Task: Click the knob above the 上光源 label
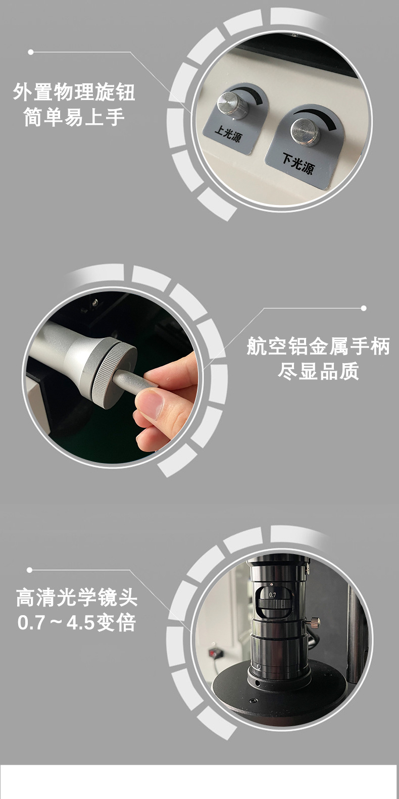(233, 105)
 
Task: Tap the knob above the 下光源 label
(305, 131)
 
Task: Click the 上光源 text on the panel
(228, 134)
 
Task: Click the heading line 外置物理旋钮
(74, 92)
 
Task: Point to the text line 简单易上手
(74, 118)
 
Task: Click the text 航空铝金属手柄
(318, 346)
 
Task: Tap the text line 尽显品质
(318, 371)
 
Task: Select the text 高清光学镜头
(77, 598)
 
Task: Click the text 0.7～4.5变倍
(77, 623)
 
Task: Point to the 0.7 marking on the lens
(273, 594)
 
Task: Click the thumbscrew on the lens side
(315, 621)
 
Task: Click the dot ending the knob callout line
(31, 52)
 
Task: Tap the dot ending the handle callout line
(364, 308)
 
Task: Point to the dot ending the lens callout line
(29, 570)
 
